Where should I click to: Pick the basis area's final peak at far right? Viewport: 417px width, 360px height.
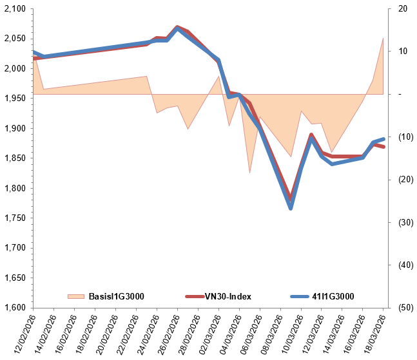pos(383,38)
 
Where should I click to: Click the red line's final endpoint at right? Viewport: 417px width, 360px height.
pos(384,147)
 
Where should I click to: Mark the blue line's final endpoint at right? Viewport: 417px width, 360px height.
pos(384,139)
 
